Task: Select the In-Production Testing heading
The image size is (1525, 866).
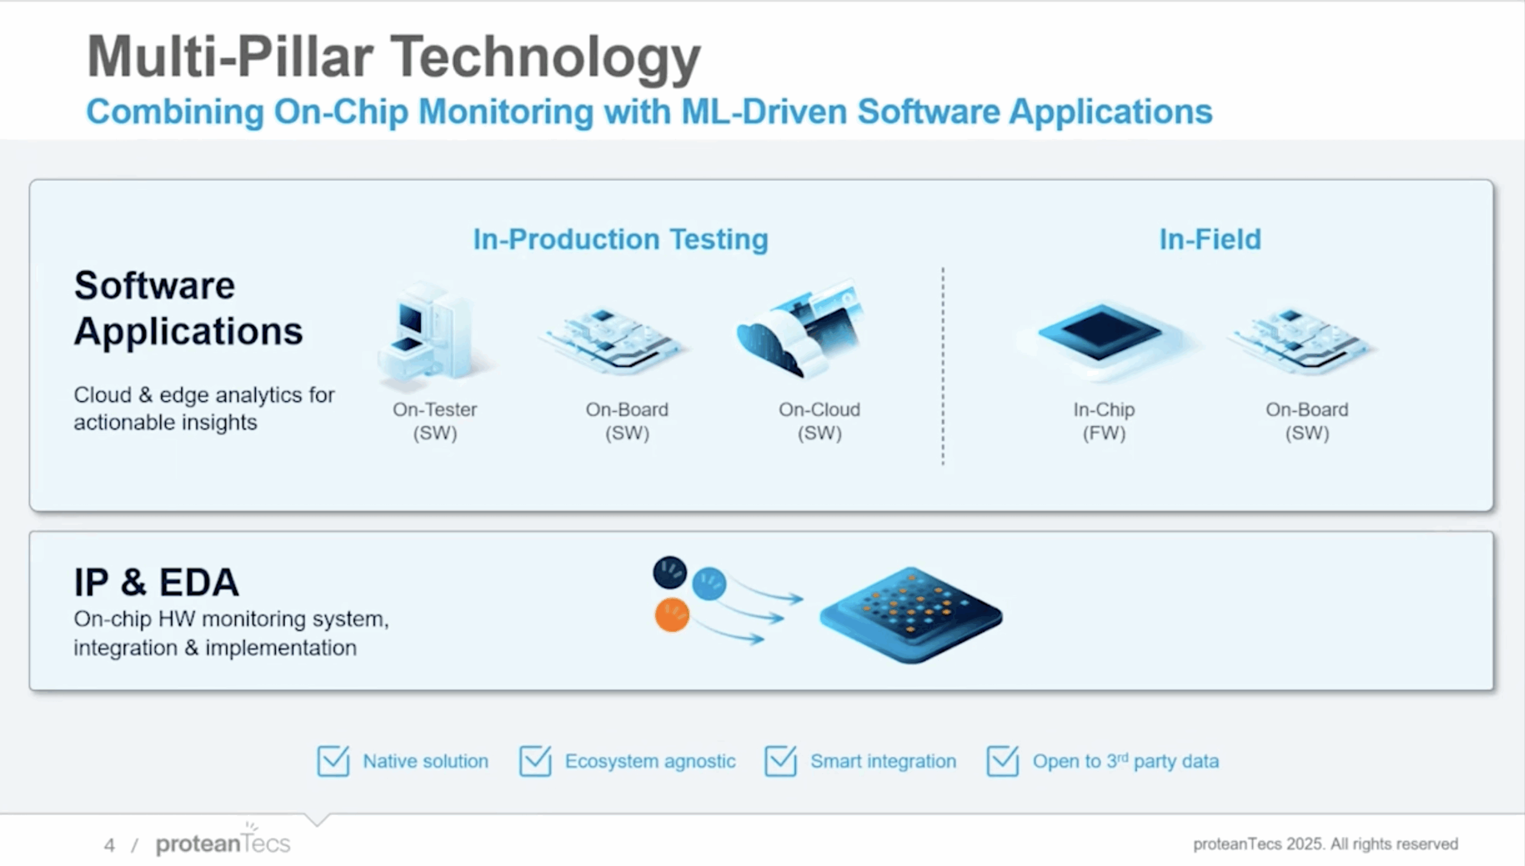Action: [x=620, y=240]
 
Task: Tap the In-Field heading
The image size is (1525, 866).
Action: [x=1210, y=240]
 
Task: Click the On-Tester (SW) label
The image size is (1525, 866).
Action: [x=435, y=421]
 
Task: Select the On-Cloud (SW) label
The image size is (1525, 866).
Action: [x=819, y=421]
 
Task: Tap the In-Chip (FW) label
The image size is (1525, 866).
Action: [x=1104, y=421]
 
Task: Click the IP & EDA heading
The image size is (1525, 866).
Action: [x=157, y=582]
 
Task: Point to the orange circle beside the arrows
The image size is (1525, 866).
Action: [x=672, y=615]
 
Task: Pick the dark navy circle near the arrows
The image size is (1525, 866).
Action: [x=670, y=572]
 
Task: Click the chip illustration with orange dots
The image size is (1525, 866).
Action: [x=911, y=614]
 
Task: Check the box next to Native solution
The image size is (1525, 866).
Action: [x=333, y=761]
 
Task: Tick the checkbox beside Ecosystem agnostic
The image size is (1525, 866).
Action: [x=535, y=761]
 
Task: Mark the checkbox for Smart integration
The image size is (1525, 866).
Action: [x=780, y=761]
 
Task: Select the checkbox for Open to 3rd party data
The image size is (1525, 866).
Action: [x=1003, y=761]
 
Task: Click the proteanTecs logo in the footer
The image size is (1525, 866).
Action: [x=223, y=843]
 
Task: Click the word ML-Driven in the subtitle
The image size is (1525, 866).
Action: [x=764, y=111]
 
